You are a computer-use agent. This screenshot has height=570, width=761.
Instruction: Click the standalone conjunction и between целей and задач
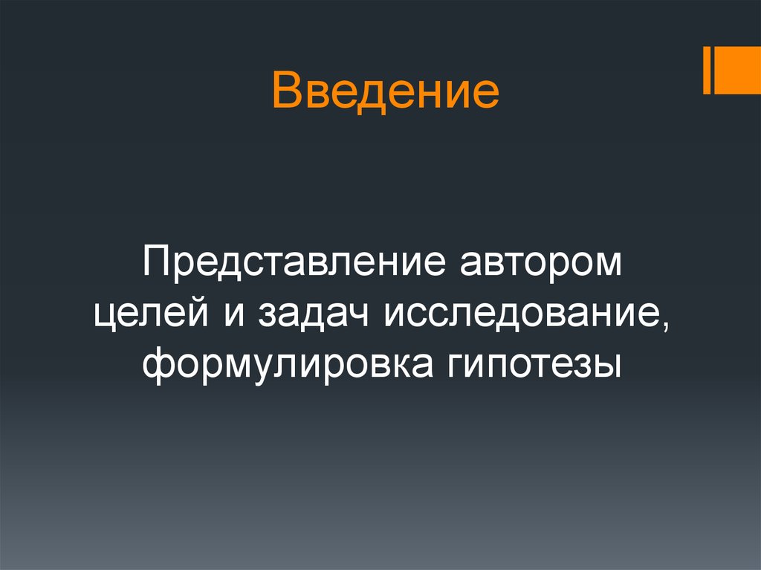(230, 317)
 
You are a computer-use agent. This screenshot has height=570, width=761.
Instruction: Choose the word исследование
(517, 317)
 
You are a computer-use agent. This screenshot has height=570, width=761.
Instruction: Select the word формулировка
(286, 366)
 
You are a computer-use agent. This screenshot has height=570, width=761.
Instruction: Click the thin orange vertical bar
(707, 70)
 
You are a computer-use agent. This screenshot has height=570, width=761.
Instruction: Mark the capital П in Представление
(157, 264)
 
